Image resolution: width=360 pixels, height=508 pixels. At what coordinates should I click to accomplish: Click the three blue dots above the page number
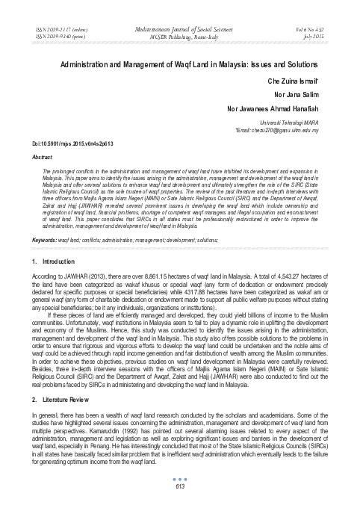180,480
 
